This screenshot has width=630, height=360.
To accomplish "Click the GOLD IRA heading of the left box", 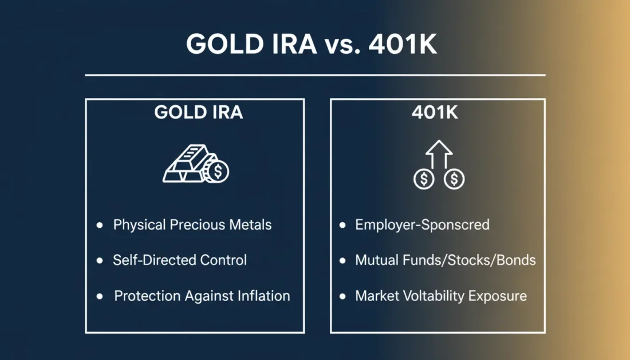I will [198, 112].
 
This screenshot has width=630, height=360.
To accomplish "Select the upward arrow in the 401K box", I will [439, 153].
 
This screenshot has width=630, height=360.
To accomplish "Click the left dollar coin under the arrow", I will [423, 179].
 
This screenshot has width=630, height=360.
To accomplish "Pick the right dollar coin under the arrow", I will [454, 179].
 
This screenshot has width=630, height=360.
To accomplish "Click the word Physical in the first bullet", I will [139, 225].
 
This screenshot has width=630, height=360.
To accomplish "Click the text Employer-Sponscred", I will [422, 225].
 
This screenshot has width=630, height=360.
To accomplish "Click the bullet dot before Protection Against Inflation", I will [100, 296].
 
